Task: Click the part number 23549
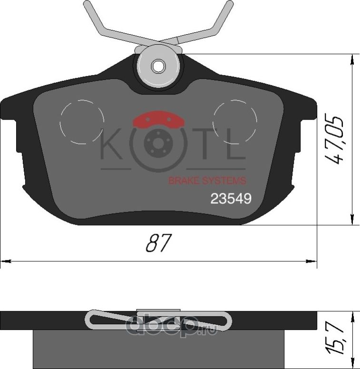[x=231, y=199]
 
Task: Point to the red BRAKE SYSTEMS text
[x=208, y=181]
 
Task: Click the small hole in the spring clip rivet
[x=157, y=66]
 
